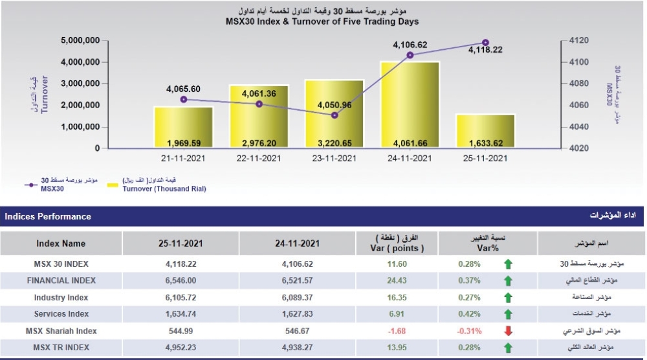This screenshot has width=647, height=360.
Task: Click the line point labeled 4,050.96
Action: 334,115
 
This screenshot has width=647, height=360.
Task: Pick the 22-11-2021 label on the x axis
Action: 259,158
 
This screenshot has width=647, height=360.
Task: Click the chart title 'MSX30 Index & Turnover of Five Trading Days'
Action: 322,21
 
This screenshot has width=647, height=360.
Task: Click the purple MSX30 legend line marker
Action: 29,185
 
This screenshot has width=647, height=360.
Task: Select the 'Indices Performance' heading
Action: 48,216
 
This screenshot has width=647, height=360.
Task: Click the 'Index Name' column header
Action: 61,243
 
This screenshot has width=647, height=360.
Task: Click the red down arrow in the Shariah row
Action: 508,332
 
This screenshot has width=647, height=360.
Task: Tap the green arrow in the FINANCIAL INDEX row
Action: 508,281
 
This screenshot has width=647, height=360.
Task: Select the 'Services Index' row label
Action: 61,314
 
